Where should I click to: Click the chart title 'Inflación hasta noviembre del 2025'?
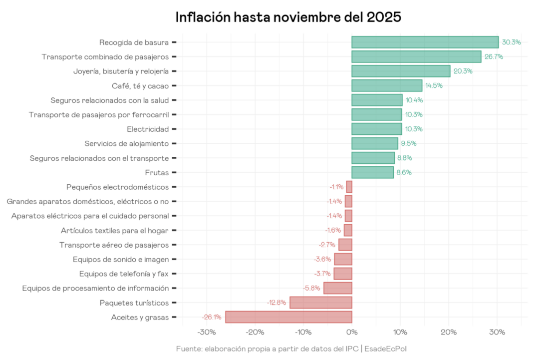[x=288, y=17]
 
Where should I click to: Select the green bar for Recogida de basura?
[x=425, y=42]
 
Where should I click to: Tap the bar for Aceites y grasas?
[x=288, y=317]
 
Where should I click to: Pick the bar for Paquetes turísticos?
[x=320, y=303]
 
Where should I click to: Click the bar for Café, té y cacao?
[x=387, y=86]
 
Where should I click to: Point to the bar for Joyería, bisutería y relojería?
[x=401, y=71]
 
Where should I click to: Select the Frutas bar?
[x=372, y=173]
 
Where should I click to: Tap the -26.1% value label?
[x=212, y=317]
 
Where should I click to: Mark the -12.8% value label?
[x=276, y=303]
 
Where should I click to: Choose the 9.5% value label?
[x=409, y=144]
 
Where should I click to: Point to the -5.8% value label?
[x=311, y=288]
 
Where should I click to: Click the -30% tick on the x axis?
[x=207, y=333]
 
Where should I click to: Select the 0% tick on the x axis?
[x=352, y=333]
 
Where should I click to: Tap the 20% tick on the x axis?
[x=449, y=333]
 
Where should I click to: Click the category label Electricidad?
[x=148, y=129]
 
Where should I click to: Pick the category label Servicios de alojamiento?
[x=127, y=144]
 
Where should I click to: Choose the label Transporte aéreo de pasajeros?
[x=114, y=245]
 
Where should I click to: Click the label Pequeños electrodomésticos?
[x=117, y=187]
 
